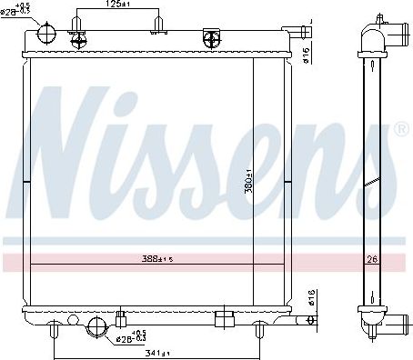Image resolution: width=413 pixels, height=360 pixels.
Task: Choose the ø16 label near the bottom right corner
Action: coord(311,296)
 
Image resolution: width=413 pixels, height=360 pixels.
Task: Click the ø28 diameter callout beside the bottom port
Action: coord(132,337)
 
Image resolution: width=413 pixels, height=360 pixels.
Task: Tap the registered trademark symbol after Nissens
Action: coord(400,130)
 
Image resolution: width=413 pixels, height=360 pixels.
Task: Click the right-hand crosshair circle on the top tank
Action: coord(212,37)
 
